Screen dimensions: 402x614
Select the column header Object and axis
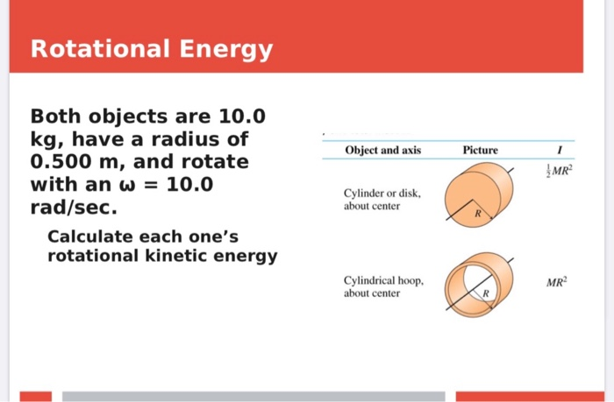(x=382, y=150)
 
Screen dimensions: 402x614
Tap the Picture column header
(x=480, y=150)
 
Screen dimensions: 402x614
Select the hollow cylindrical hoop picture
(x=481, y=285)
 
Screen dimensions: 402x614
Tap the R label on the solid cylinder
(x=478, y=213)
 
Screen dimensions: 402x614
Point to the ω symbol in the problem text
(x=138, y=187)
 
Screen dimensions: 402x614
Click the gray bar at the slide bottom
(x=253, y=396)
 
